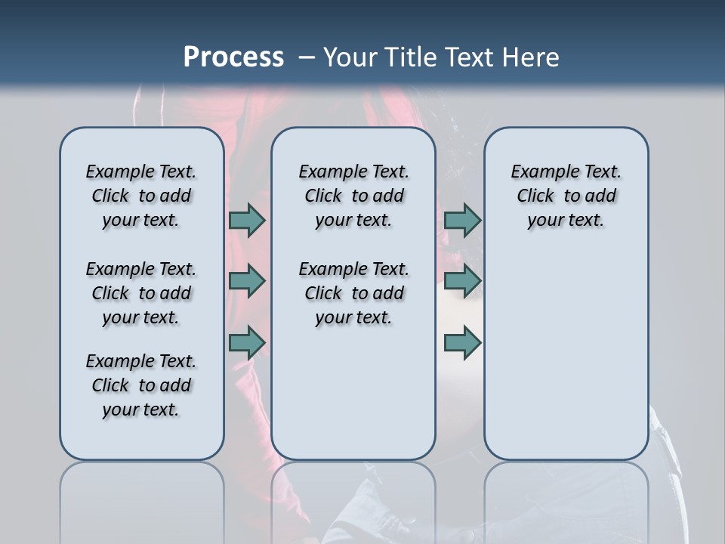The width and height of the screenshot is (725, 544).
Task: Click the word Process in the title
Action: point(233,57)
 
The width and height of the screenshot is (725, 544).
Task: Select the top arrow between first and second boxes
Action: point(247,220)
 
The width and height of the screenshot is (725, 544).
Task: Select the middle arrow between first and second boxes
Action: point(247,281)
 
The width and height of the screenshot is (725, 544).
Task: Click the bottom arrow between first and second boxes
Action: point(247,342)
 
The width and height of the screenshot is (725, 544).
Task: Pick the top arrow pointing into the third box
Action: point(462,220)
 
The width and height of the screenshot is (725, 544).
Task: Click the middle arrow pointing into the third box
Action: point(462,281)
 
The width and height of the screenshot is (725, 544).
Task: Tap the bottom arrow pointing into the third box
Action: point(462,342)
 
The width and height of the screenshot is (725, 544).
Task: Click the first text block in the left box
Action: point(141,196)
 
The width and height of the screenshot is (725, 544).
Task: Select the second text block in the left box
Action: point(141,293)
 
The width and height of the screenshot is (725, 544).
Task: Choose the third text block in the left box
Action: point(141,385)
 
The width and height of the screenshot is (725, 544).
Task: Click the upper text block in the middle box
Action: point(353,196)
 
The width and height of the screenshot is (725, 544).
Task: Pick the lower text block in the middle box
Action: point(353,293)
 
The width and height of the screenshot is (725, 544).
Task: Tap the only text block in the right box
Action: point(566,196)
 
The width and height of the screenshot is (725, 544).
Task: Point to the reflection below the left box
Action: point(141,499)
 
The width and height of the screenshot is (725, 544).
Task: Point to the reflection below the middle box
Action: point(353,499)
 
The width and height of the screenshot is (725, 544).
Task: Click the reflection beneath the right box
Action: point(566,499)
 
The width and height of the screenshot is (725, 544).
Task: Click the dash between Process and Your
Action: point(307,57)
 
